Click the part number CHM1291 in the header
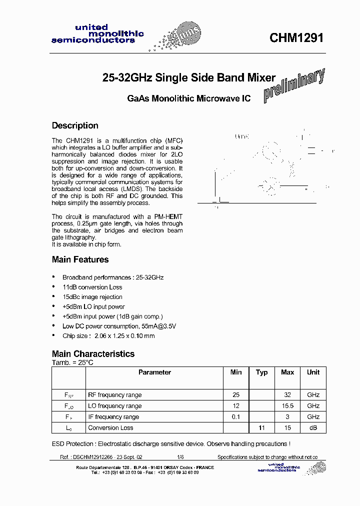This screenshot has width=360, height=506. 296,38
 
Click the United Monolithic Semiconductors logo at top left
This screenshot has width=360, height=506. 97,34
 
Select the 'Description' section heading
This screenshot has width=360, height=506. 75,125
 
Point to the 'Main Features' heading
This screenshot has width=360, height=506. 80,259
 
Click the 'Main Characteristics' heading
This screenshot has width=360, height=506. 93,353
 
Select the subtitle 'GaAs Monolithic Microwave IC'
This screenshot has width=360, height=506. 188,98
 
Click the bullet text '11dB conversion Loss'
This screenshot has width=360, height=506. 92,287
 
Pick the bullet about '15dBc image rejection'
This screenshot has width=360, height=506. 92,297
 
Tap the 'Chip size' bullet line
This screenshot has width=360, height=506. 108,336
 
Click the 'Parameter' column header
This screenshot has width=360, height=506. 154,372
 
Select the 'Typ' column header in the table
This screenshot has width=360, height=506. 261,372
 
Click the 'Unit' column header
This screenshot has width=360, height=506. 313,372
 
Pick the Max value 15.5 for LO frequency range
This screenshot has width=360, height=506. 287,406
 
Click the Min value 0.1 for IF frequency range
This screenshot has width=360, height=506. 236,417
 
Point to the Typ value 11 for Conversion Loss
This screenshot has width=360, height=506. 261,428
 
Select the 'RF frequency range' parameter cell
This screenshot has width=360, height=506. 114,395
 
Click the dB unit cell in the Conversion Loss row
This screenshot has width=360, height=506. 313,428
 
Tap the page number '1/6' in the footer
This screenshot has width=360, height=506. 180,457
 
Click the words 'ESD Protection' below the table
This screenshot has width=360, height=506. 73,444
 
